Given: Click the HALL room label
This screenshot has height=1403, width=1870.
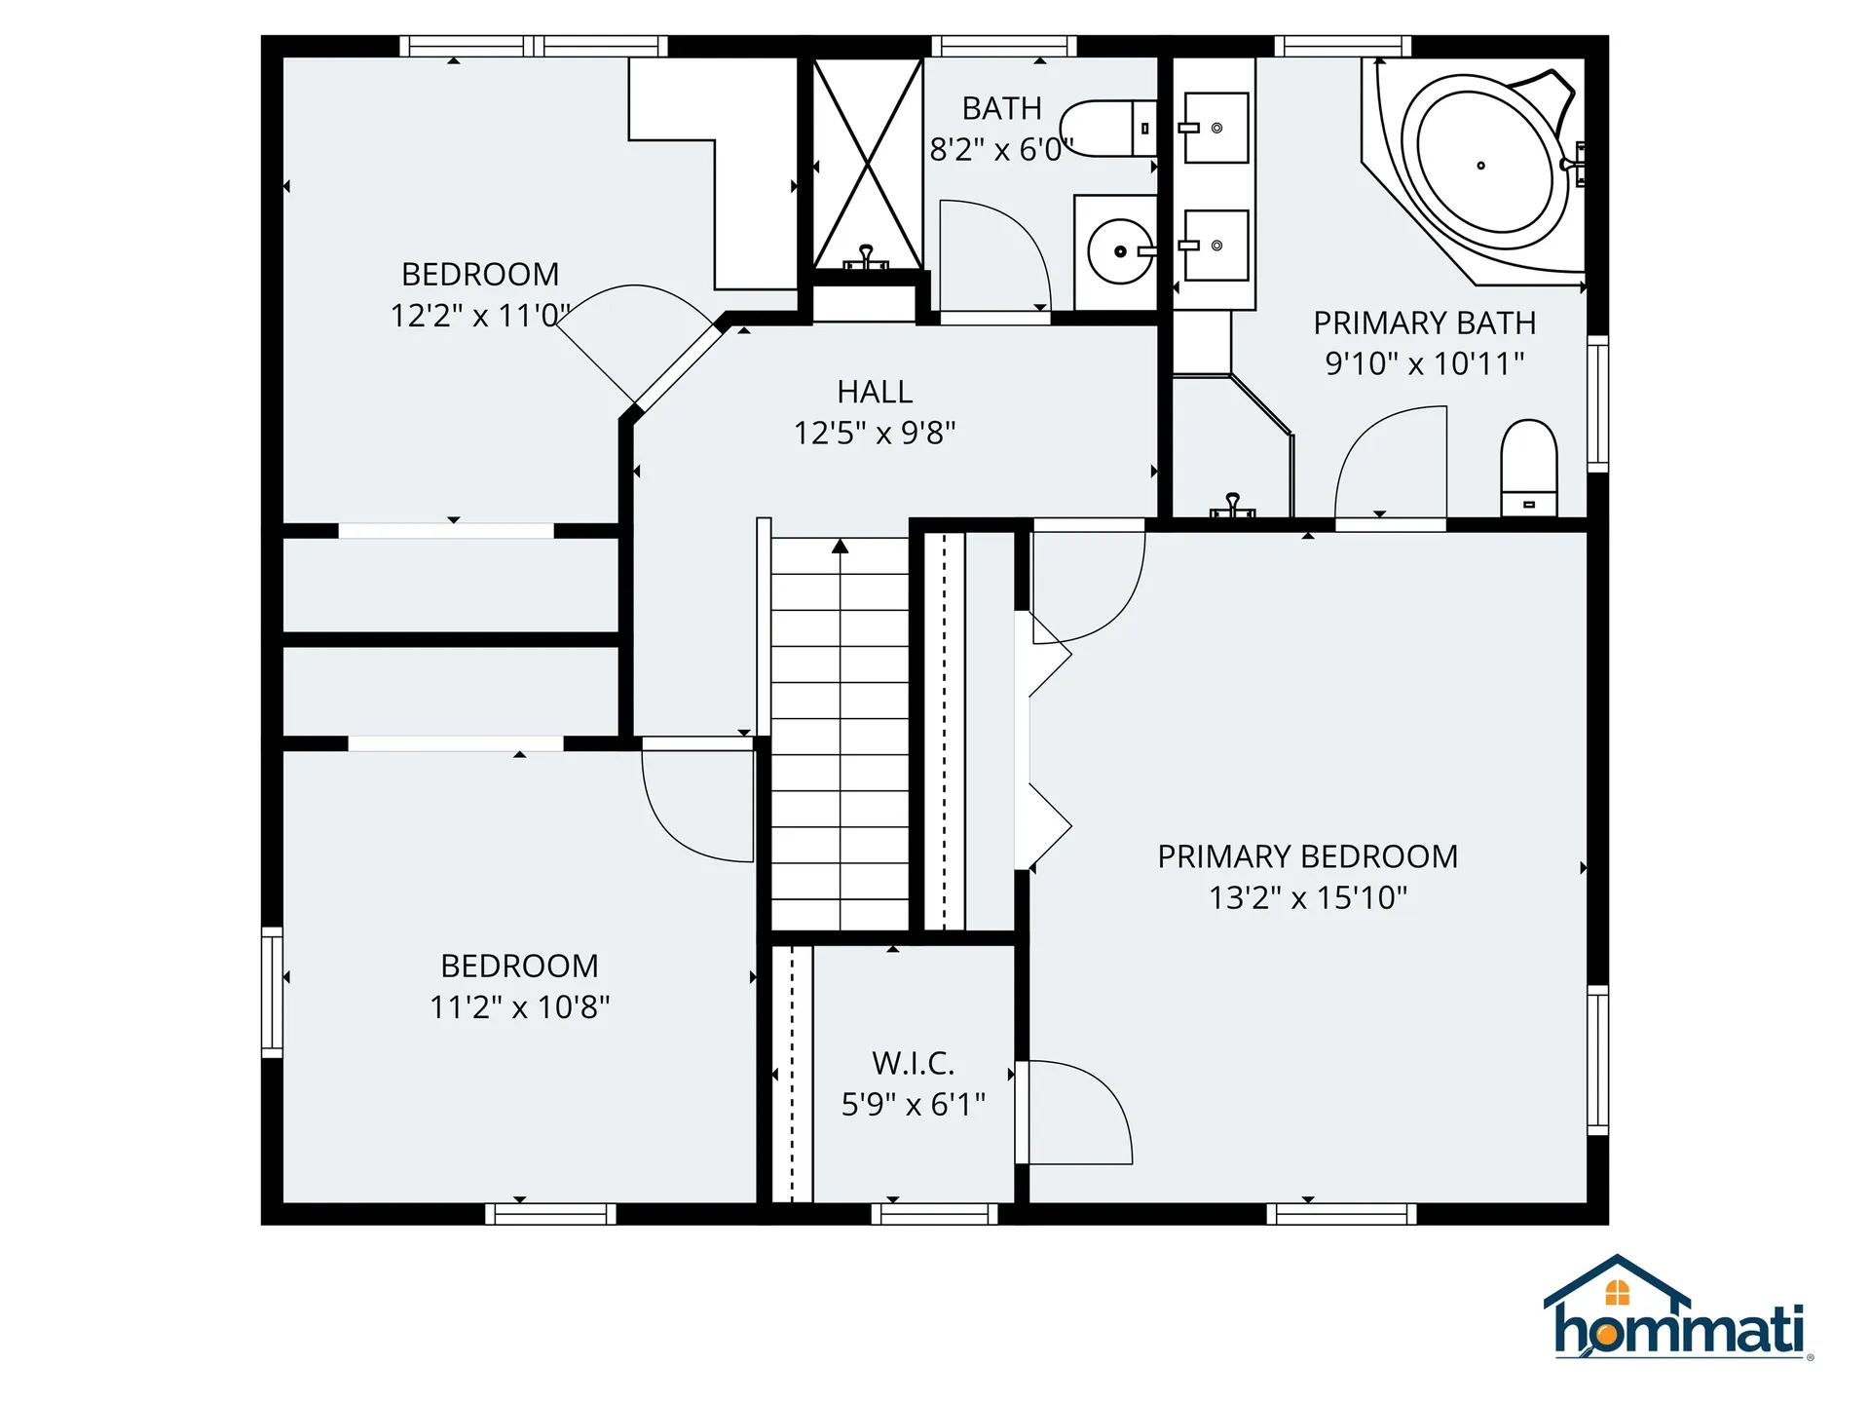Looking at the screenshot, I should (875, 392).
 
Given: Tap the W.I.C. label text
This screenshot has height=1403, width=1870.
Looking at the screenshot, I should (913, 1063).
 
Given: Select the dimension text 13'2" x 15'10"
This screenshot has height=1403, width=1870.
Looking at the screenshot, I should (1307, 897).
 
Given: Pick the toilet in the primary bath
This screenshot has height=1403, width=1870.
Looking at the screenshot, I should (1529, 468).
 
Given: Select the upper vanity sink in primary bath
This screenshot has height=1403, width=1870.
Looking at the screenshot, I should (1215, 128).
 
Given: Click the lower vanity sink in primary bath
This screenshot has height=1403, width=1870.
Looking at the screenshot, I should (1215, 246).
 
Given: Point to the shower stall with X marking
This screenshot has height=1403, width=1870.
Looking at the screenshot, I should (867, 164).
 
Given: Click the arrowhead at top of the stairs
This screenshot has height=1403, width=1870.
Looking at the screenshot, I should (841, 546).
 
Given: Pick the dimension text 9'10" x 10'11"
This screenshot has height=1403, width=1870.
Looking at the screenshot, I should (1424, 363).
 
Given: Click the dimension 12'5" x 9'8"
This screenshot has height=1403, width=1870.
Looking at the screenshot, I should (875, 433).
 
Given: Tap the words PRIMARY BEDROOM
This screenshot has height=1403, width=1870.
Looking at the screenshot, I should (1307, 856).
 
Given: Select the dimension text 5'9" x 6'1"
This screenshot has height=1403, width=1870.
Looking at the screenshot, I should (913, 1104).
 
